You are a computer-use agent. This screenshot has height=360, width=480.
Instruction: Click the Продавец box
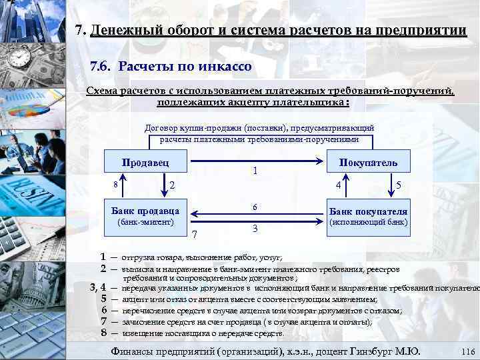point(145,162)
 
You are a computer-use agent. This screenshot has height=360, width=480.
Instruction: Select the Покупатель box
point(368,162)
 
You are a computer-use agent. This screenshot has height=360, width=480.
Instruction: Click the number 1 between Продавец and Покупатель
point(257,171)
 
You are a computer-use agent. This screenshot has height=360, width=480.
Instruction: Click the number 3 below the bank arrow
point(255,229)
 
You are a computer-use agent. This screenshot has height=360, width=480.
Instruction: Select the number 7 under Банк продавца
point(195,234)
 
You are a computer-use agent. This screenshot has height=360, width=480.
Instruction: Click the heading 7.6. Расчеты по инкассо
point(171,67)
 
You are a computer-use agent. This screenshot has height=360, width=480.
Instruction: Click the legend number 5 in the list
point(103,299)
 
